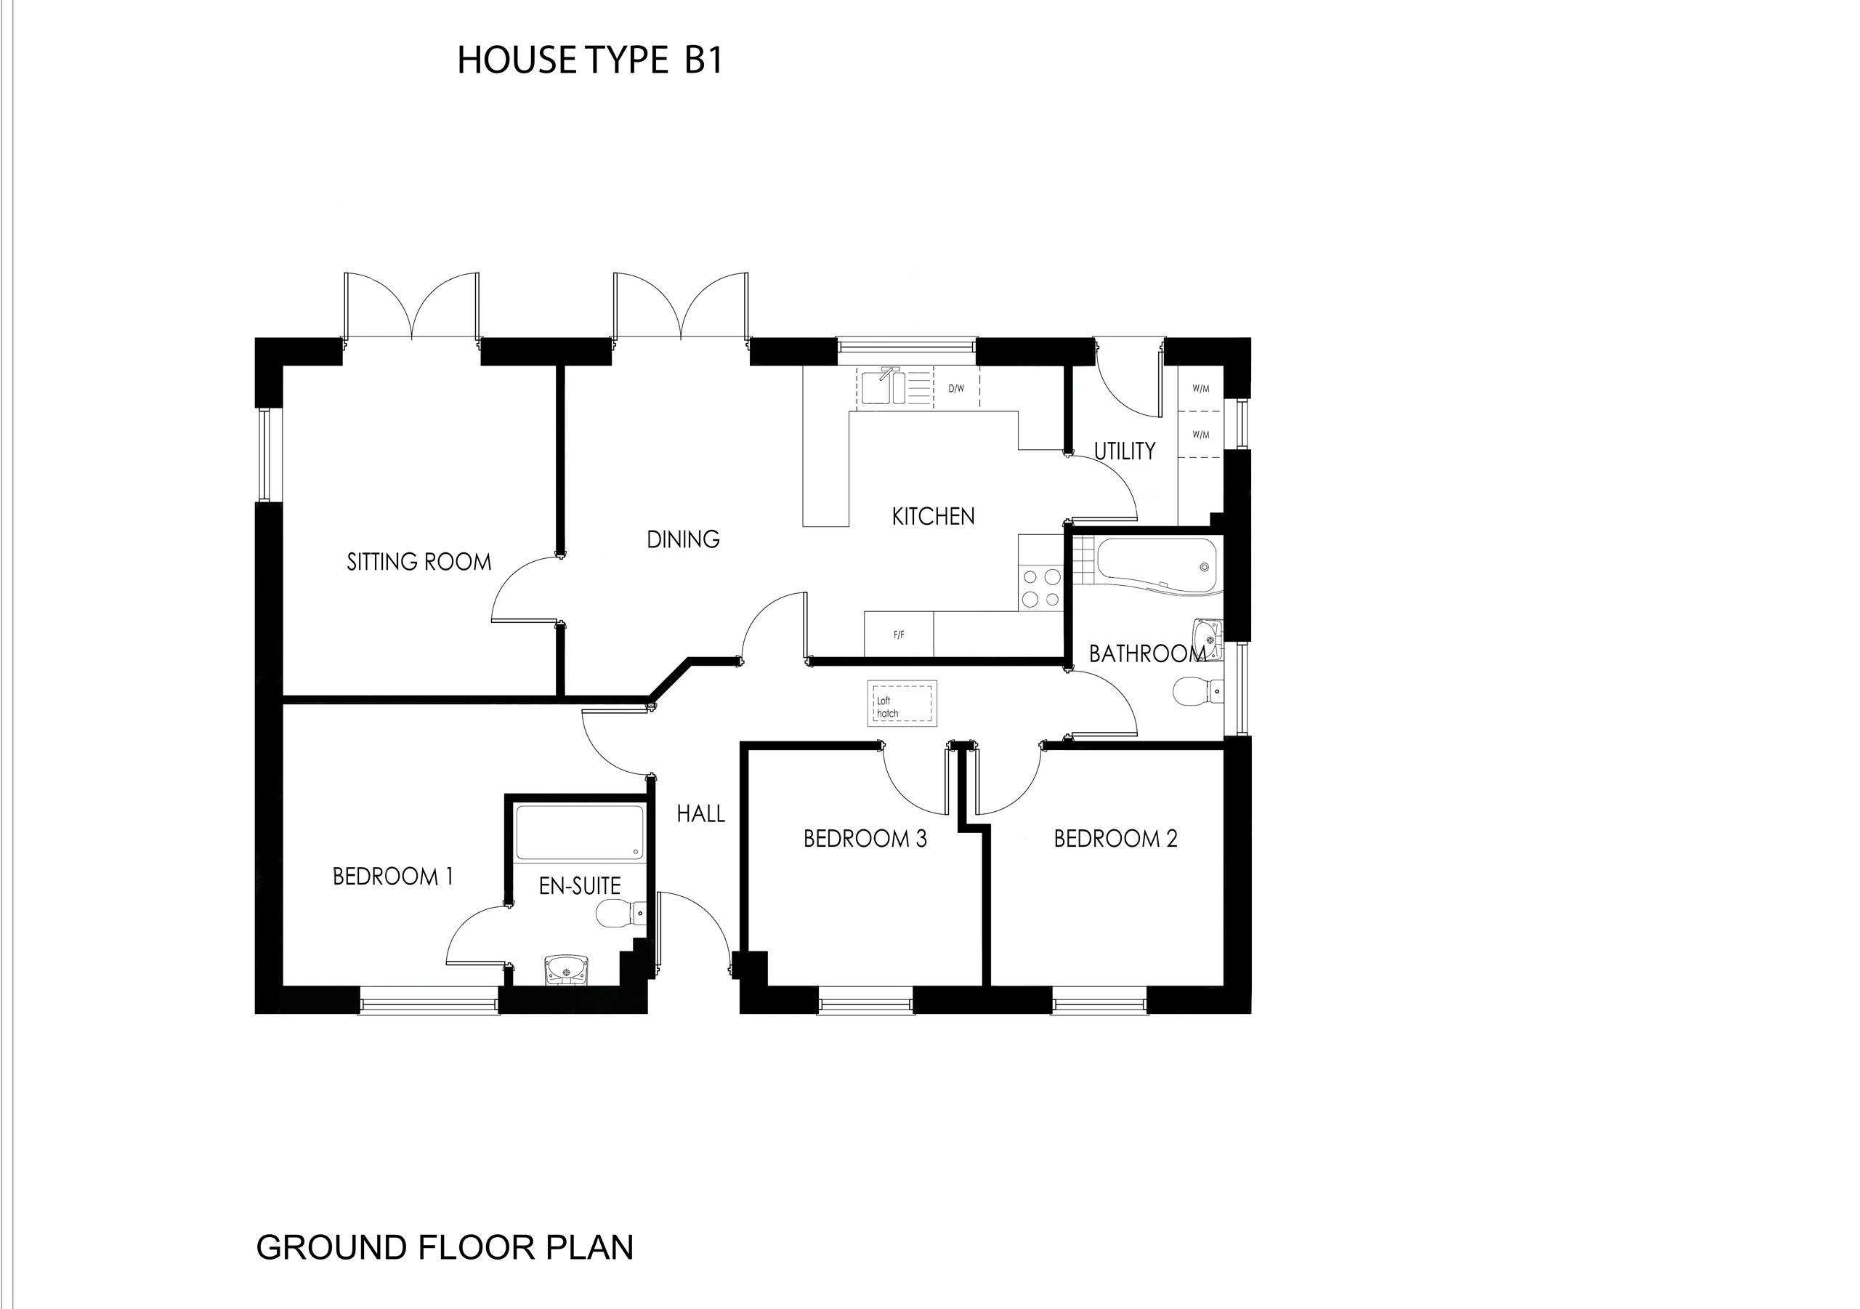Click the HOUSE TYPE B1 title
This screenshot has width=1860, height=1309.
point(589,61)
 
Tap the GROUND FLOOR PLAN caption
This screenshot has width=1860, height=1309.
point(445,1247)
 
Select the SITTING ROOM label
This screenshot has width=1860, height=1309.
point(418,562)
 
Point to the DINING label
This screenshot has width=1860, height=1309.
point(683,539)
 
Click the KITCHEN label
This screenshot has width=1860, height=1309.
point(933,516)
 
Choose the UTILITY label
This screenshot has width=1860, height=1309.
point(1125,451)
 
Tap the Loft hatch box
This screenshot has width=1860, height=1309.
point(902,703)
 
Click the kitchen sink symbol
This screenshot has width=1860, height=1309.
point(883,387)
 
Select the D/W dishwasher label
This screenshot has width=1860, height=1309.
point(956,388)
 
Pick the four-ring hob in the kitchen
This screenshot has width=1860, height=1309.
point(1041,587)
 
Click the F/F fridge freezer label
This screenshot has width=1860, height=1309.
point(899,635)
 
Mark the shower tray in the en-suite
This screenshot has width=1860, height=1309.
point(579,831)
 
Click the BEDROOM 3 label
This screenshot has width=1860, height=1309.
point(865,839)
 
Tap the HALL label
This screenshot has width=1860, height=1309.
point(700,814)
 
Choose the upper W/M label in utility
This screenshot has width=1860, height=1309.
point(1200,388)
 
